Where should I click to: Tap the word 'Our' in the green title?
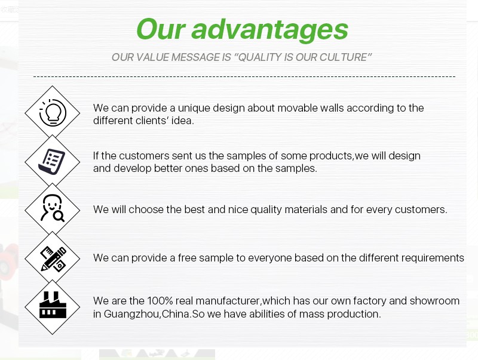coord(161,29)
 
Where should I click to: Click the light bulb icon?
coord(53,113)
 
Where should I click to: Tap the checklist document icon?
coord(52,161)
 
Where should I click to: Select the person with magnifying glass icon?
coord(53,208)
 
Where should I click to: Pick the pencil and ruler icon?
coord(53,259)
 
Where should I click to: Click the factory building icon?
coord(53,305)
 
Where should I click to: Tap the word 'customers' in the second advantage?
coord(144,156)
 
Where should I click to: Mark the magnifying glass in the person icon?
coord(59,216)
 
